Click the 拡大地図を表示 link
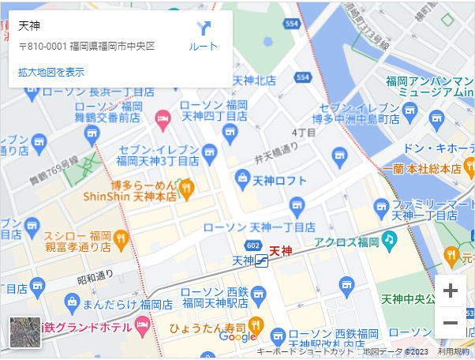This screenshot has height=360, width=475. click(51, 72)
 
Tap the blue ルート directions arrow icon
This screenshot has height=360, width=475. click(204, 29)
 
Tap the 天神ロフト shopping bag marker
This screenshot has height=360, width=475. click(241, 180)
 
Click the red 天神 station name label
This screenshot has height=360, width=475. click(281, 251)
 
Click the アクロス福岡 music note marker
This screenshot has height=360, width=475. click(388, 238)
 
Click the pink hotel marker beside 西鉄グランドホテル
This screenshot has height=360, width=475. click(143, 324)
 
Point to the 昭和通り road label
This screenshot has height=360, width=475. click(95, 276)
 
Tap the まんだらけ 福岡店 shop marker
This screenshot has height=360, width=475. click(73, 302)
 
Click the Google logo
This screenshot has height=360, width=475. click(237, 337)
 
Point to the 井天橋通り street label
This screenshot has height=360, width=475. click(276, 152)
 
